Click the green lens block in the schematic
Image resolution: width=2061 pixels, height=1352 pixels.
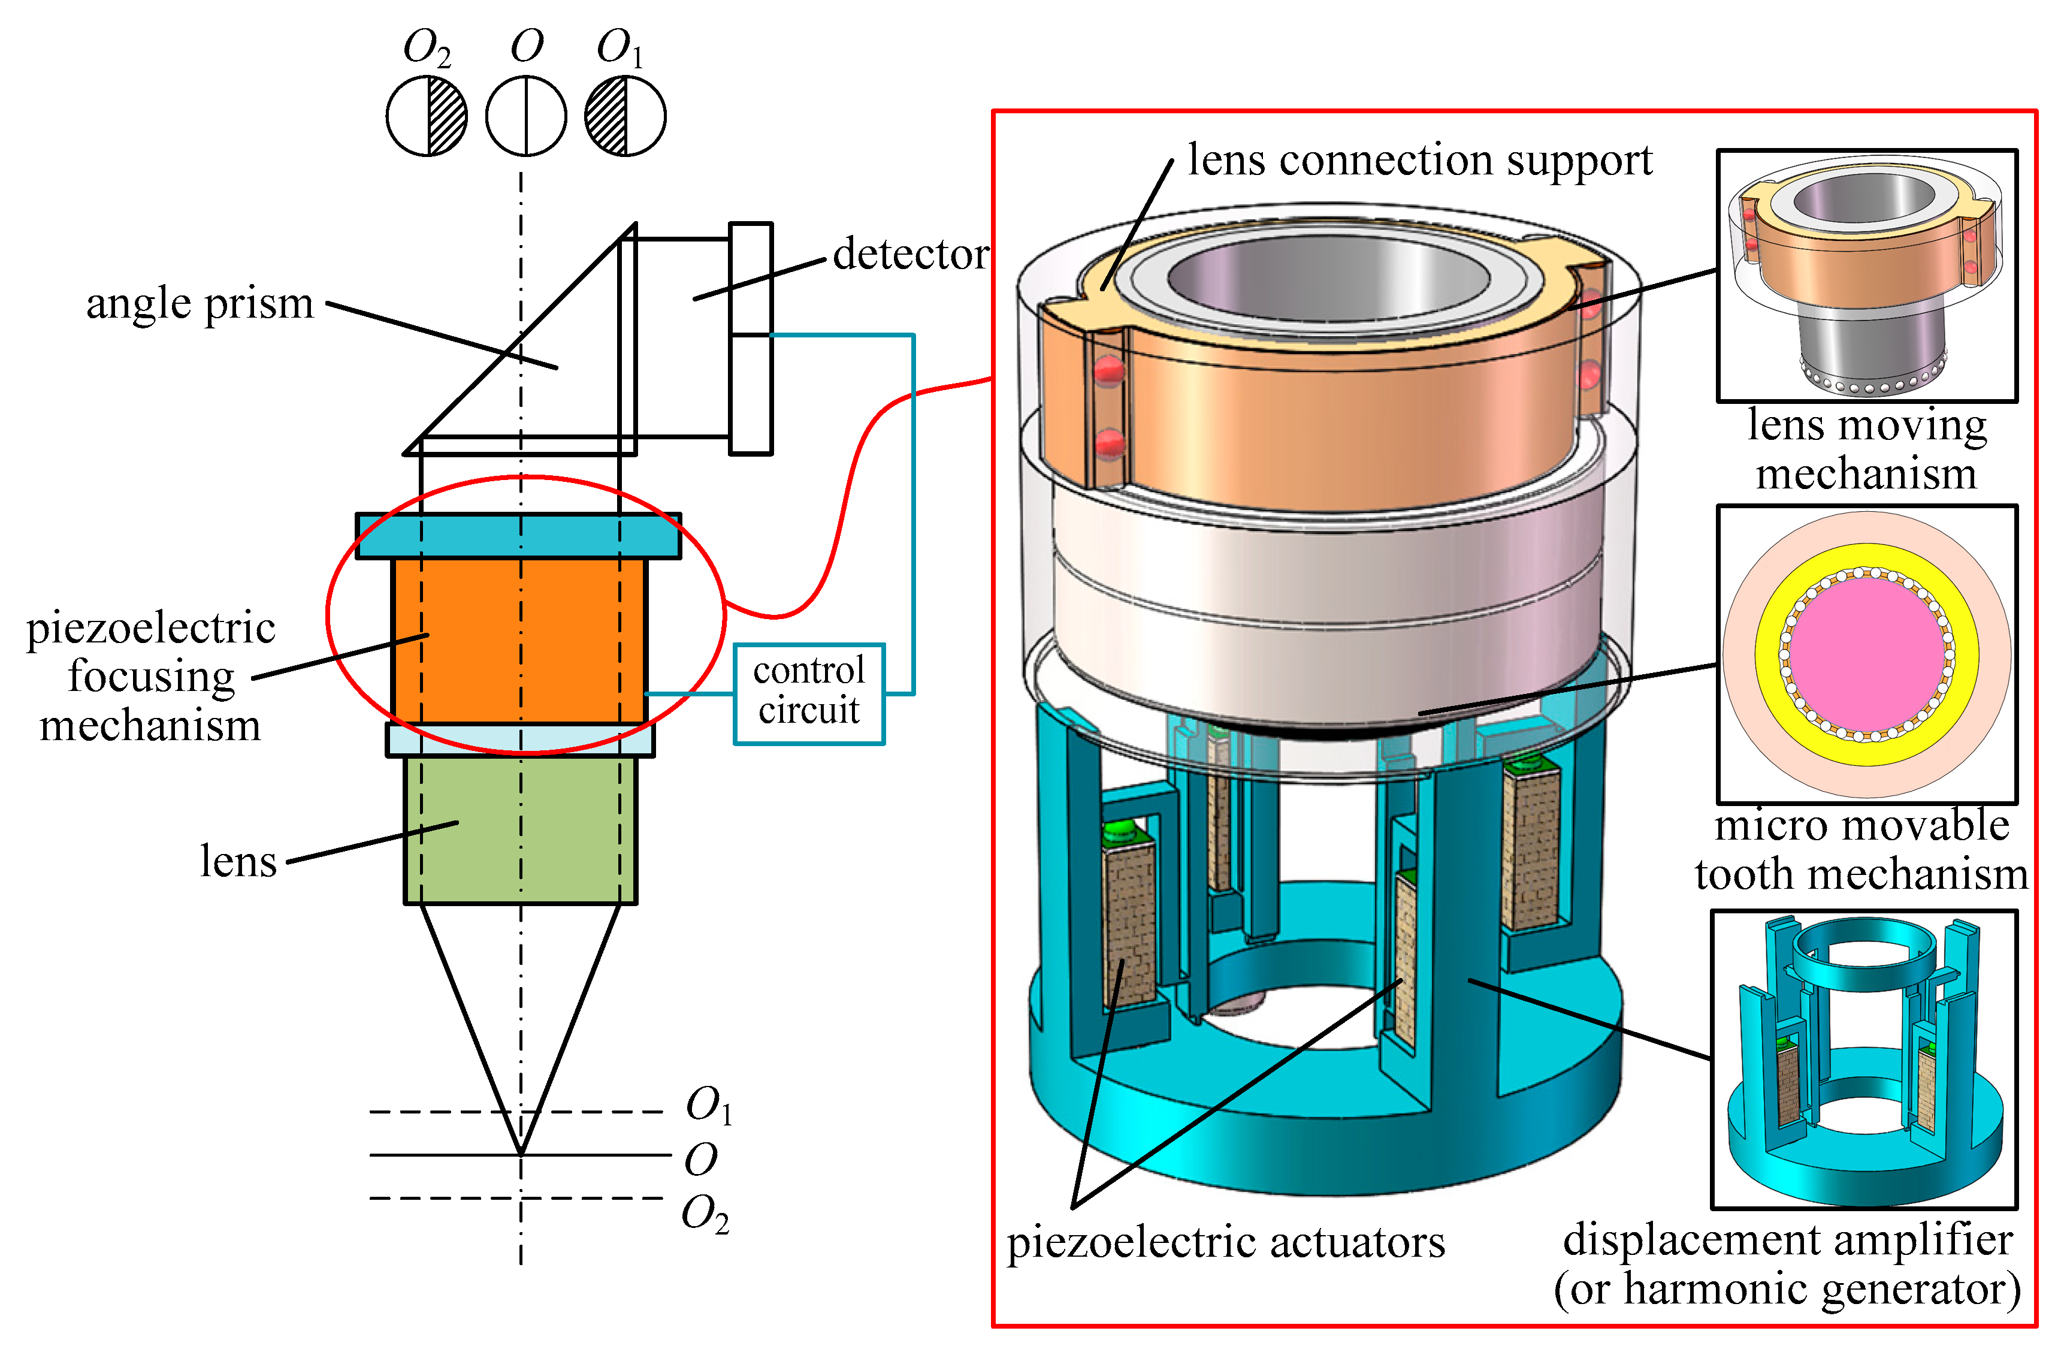519,830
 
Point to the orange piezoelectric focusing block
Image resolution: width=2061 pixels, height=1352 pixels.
519,641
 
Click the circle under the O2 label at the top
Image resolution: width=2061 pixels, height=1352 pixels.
426,116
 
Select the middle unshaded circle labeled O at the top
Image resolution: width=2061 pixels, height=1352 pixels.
525,116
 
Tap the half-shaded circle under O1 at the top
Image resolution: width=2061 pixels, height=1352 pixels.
625,116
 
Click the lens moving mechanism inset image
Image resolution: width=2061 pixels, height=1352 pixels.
1867,276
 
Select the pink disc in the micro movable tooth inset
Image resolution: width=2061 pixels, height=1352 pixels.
1867,654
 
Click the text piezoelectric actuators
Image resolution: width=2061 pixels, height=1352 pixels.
1225,1242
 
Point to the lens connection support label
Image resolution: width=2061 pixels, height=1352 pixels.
1420,161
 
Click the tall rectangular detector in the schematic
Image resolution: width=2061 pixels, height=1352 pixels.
750,338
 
